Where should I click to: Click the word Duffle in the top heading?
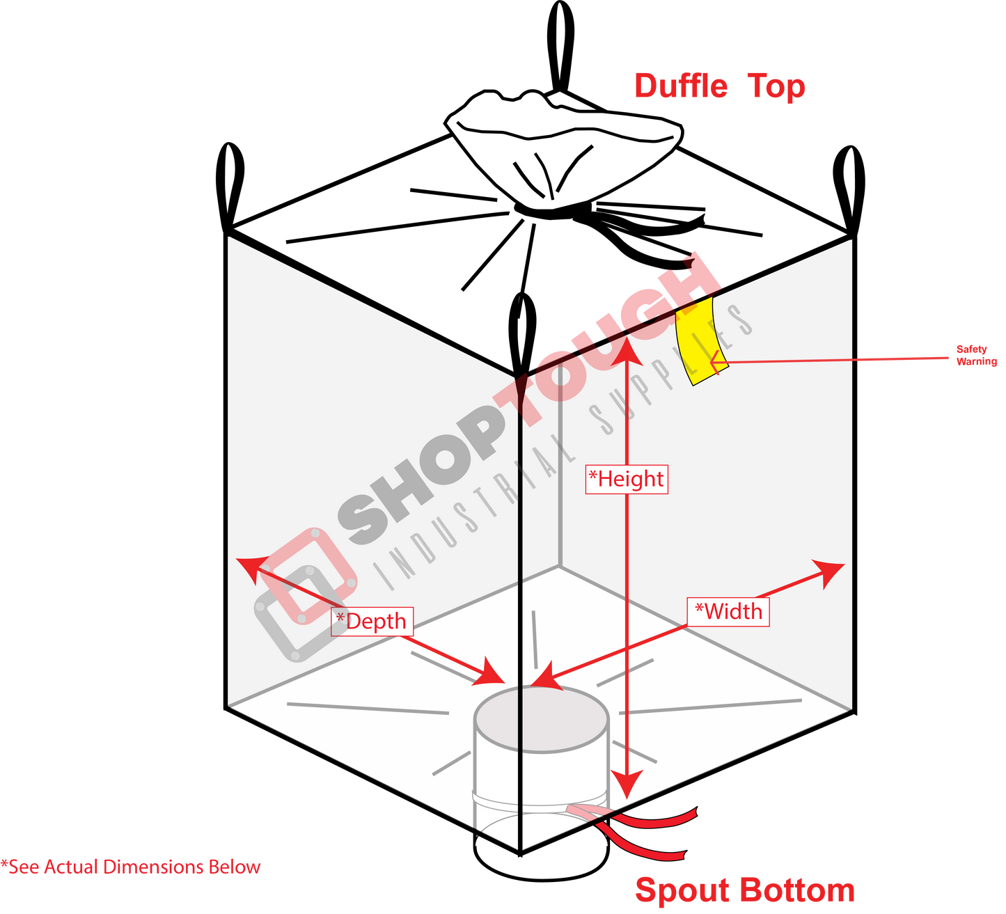[681, 86]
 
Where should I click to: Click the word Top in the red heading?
[776, 87]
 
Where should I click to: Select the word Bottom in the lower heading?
[797, 889]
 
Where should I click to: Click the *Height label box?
[627, 479]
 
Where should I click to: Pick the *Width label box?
[728, 611]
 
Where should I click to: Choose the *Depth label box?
[372, 621]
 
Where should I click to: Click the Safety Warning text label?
[976, 355]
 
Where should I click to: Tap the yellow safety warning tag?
[701, 341]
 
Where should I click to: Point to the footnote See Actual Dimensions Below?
[131, 867]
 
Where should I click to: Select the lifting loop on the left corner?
[230, 186]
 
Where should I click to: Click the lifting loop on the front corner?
[521, 333]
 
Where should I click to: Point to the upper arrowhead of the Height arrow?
[627, 351]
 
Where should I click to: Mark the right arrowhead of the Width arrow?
[830, 574]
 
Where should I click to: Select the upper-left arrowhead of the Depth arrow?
[251, 568]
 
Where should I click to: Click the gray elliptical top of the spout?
[542, 719]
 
